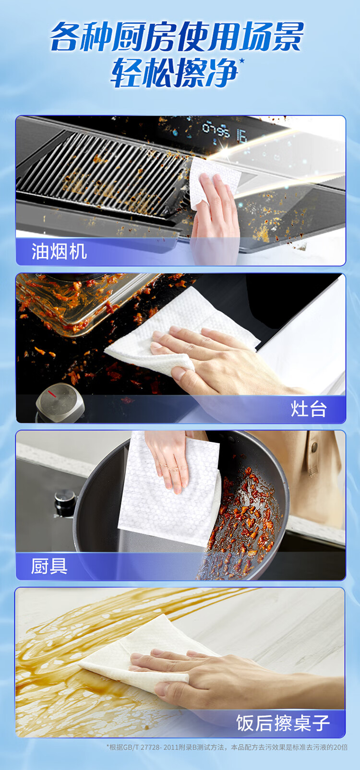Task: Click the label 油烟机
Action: (59, 251)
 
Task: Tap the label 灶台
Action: (308, 409)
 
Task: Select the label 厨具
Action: (49, 566)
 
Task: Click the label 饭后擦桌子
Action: (283, 723)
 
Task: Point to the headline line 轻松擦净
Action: (174, 73)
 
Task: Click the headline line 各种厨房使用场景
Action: (177, 36)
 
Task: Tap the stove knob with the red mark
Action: (60, 402)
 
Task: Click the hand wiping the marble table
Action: (230, 674)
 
